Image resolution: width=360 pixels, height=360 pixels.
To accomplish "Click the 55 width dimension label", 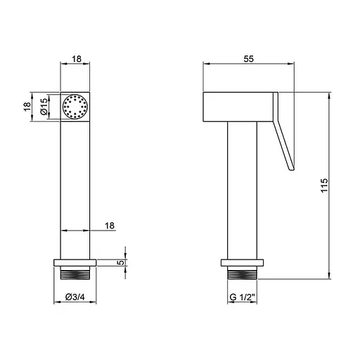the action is coord(248,58).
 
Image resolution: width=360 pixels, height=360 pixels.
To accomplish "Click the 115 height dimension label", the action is coord(324,186).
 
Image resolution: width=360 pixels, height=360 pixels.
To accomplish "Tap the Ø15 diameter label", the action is coord(44,107).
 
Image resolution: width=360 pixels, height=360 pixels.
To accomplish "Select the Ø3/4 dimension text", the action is coord(75,297).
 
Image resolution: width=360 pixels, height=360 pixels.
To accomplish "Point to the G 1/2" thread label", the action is coord(242,297).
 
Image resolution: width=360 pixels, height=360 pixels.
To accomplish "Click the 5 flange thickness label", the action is coord(120,263).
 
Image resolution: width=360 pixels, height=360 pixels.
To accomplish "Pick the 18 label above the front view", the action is coord(77,59).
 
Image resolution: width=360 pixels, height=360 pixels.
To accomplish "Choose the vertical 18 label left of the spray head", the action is coord(27,107).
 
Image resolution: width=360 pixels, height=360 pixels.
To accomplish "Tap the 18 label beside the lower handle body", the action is coord(110,226).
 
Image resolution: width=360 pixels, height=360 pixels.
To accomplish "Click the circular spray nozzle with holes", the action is coord(75,107).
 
